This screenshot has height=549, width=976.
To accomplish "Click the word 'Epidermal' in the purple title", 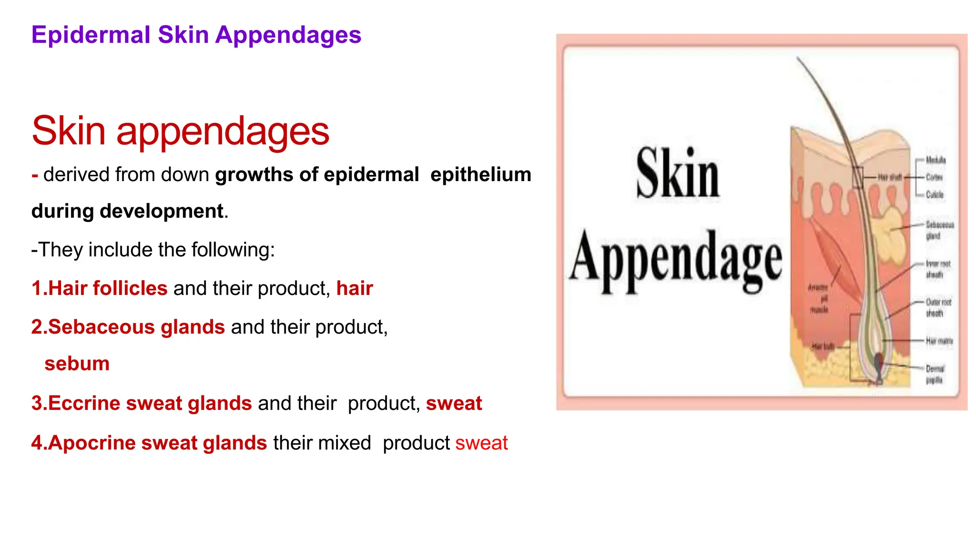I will point(91,35).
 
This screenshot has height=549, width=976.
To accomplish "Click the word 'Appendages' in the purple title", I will point(288,35).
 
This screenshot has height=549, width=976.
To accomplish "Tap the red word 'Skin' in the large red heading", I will point(69,131).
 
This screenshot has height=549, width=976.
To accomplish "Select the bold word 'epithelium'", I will point(480,175).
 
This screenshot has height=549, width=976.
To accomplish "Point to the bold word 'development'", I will point(162,211).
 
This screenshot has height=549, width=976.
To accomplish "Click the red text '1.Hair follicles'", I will point(99,288).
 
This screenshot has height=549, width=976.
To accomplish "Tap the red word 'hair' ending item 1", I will point(355,288).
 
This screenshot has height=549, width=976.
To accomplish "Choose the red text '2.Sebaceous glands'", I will point(128,327).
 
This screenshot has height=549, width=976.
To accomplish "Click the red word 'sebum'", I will point(77,364).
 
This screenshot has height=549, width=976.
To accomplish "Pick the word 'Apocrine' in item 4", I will point(91,443).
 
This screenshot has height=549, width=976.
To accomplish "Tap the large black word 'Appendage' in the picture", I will point(676,260).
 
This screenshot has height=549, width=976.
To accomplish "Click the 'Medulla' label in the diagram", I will point(935,160).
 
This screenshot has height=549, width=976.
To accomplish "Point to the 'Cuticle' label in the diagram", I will point(935,194).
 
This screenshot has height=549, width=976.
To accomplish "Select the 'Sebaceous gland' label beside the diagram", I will point(939,230).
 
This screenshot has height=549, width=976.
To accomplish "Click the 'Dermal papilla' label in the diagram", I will point(935,374).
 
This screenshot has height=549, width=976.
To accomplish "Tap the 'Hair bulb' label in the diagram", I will point(823,346).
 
